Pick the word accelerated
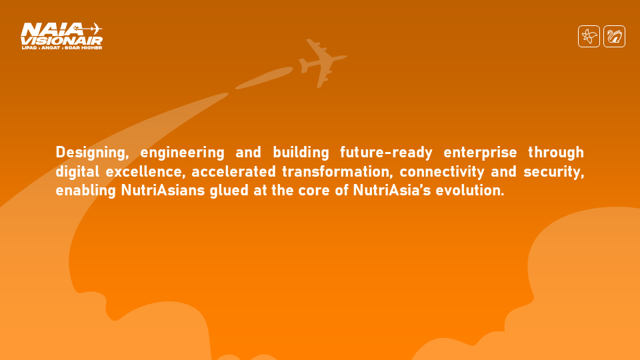pyautogui.click(x=234, y=172)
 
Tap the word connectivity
pyautogui.click(x=442, y=172)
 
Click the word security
pyautogui.click(x=554, y=172)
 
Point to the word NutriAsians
pyautogui.click(x=163, y=191)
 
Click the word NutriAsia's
pyautogui.click(x=392, y=191)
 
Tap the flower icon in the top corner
pyautogui.click(x=589, y=36)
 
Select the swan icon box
pyautogui.click(x=614, y=36)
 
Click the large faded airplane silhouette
pyautogui.click(x=321, y=63)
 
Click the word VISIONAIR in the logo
pyautogui.click(x=61, y=41)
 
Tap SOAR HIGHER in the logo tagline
pyautogui.click(x=83, y=48)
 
